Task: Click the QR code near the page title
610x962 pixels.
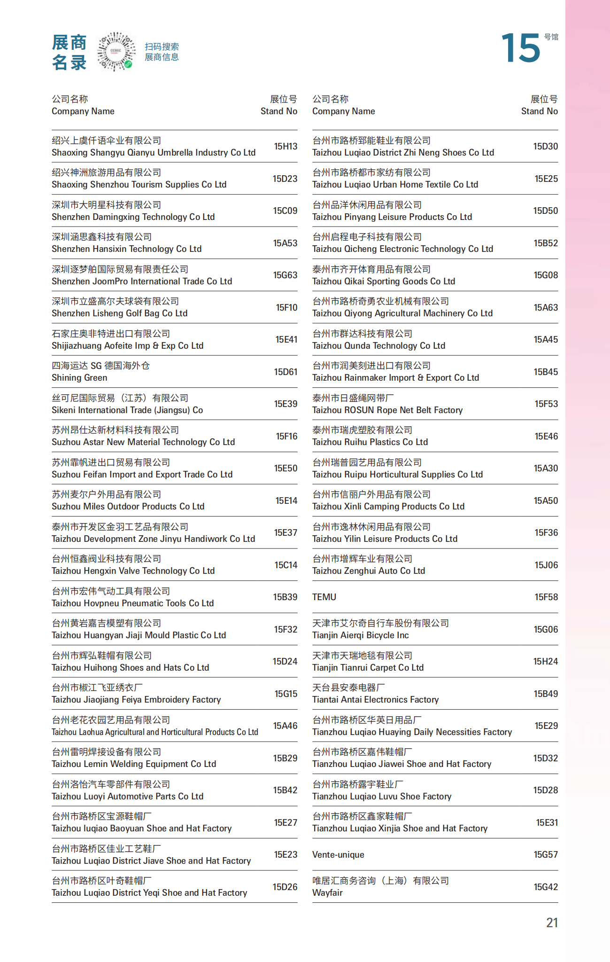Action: pyautogui.click(x=116, y=51)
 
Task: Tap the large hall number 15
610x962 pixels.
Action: pyautogui.click(x=521, y=48)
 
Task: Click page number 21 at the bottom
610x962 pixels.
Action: pyautogui.click(x=552, y=923)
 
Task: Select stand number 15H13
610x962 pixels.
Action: pyautogui.click(x=286, y=147)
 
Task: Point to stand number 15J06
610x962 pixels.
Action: pyautogui.click(x=546, y=565)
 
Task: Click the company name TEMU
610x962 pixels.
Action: pyautogui.click(x=324, y=597)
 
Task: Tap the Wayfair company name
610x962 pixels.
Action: pyautogui.click(x=327, y=892)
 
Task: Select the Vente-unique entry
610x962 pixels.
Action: pyautogui.click(x=338, y=854)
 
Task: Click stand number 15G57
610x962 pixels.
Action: pyautogui.click(x=546, y=854)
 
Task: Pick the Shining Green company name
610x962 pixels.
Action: pyautogui.click(x=79, y=377)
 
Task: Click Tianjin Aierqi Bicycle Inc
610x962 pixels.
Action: pyautogui.click(x=360, y=635)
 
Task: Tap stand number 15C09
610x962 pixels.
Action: pyautogui.click(x=285, y=211)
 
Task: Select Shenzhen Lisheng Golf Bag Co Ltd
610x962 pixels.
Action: pyautogui.click(x=119, y=313)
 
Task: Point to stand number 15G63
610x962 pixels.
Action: pyautogui.click(x=285, y=275)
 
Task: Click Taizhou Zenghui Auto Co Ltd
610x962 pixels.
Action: pyautogui.click(x=368, y=571)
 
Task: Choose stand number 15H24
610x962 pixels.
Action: pyautogui.click(x=545, y=661)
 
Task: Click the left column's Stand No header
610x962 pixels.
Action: pyautogui.click(x=279, y=111)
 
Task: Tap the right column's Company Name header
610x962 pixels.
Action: pyautogui.click(x=343, y=111)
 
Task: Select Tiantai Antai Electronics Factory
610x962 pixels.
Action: pyautogui.click(x=375, y=699)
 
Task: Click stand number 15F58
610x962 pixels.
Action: pyautogui.click(x=546, y=597)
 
